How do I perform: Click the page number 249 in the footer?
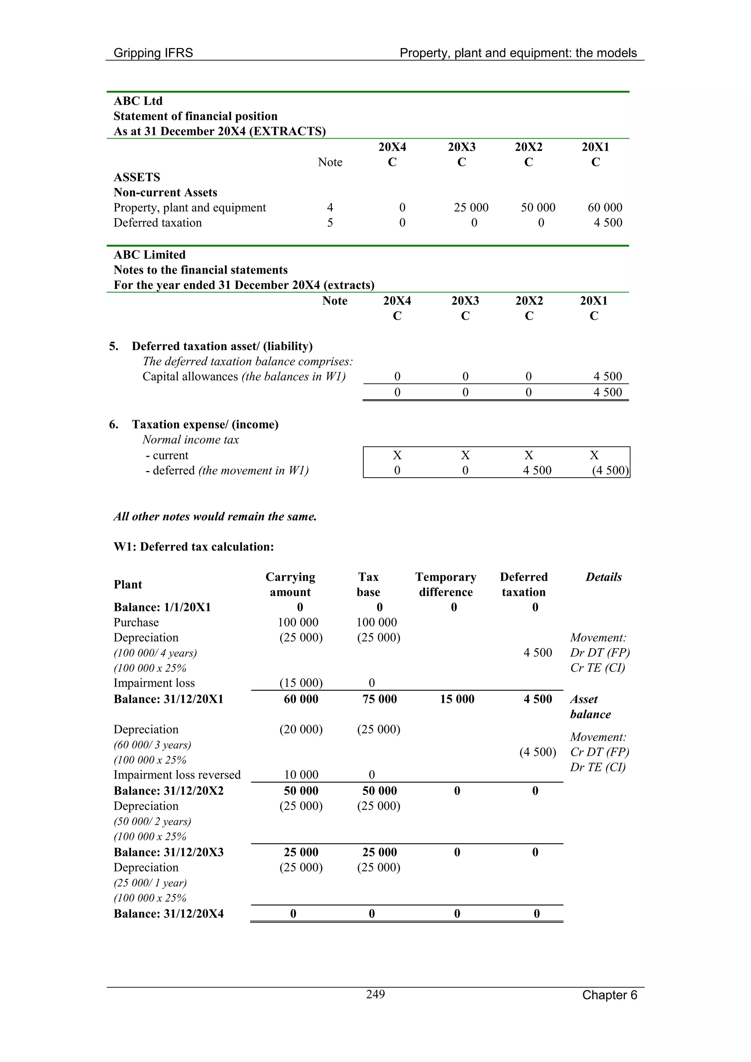click(x=375, y=994)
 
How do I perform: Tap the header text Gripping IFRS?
click(x=153, y=53)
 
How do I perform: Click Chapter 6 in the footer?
click(x=609, y=995)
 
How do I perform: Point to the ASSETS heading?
click(x=137, y=177)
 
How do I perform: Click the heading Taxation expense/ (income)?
click(x=205, y=424)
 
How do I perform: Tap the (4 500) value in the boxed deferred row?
click(x=610, y=470)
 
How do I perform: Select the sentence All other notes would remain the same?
click(x=215, y=516)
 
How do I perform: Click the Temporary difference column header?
click(x=446, y=584)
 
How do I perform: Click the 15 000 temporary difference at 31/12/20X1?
click(x=457, y=699)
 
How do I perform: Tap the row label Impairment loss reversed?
click(x=177, y=774)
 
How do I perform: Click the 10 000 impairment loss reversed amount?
click(x=301, y=774)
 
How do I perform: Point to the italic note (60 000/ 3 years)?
click(x=152, y=745)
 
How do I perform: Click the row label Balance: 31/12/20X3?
click(x=168, y=852)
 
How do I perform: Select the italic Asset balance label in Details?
click(x=590, y=706)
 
